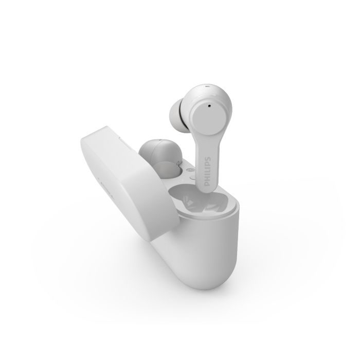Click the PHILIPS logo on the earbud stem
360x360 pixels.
click(x=208, y=171)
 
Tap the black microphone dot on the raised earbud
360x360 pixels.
click(x=209, y=106)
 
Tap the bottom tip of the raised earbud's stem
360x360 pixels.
click(x=207, y=191)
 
